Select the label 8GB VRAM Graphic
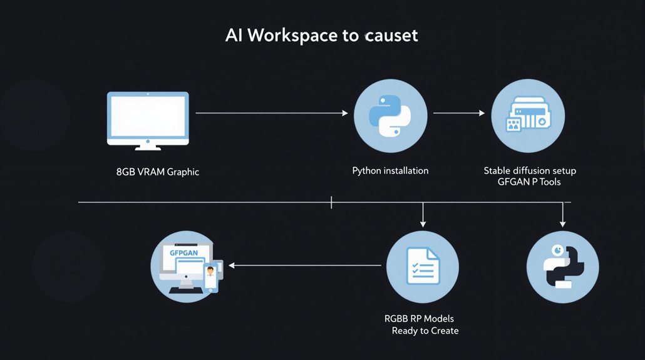click(x=158, y=171)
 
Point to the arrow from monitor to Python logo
click(x=272, y=113)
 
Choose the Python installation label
click(x=390, y=170)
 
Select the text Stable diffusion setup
click(x=530, y=170)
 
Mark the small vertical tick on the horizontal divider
click(x=331, y=202)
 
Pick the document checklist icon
click(x=422, y=266)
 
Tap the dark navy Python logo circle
click(x=562, y=266)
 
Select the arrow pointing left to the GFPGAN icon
click(x=304, y=265)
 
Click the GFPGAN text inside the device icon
click(x=183, y=254)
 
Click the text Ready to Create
click(x=425, y=331)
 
